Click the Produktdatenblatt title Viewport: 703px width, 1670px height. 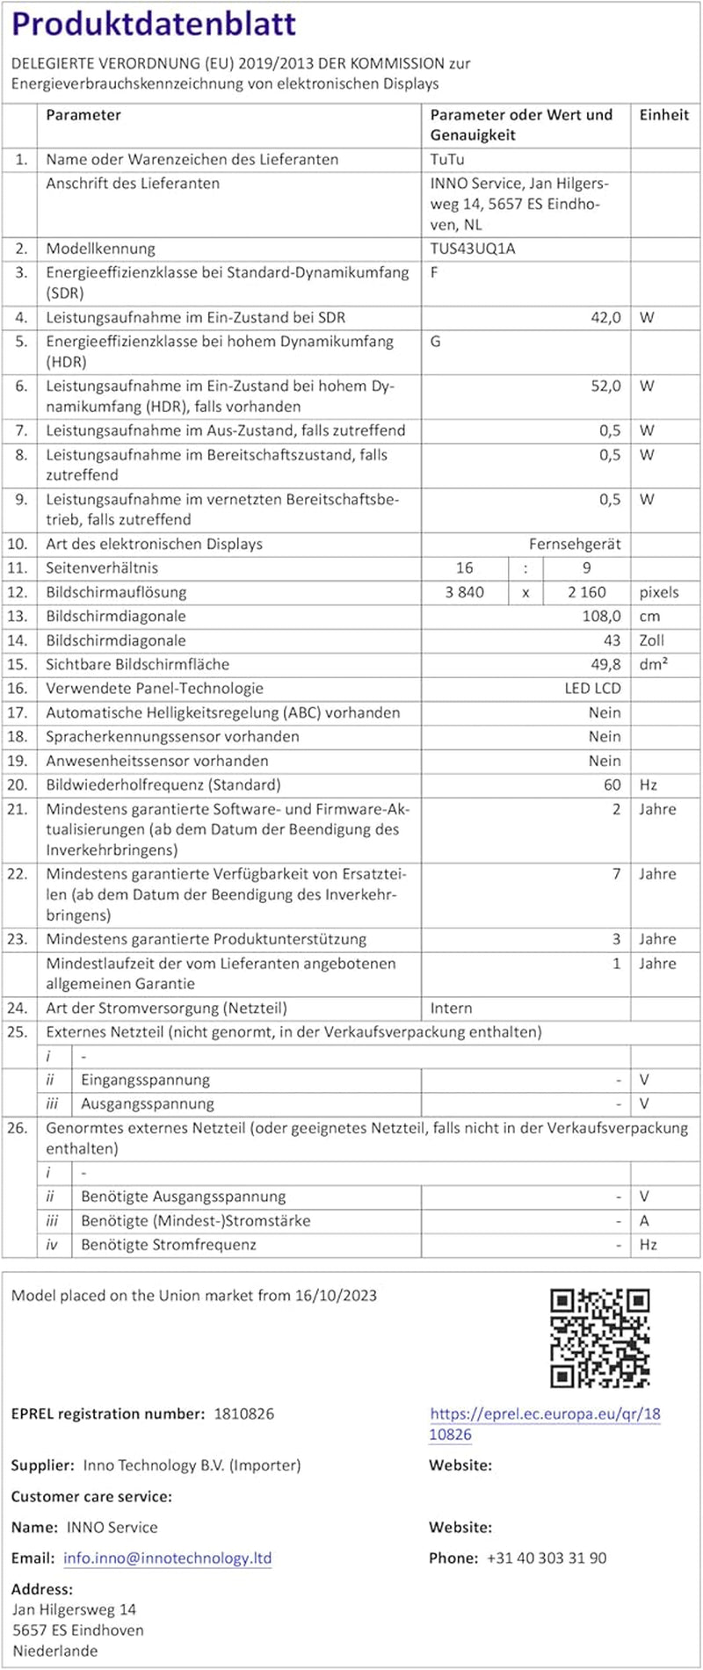coord(154,25)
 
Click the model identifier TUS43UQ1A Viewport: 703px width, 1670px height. coord(473,249)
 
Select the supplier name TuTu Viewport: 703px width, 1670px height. coord(447,160)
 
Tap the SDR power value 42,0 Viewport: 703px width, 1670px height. coord(605,317)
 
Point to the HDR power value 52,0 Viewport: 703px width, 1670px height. coord(605,386)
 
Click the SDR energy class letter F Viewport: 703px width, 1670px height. coord(434,272)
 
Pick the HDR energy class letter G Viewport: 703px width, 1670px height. coord(435,341)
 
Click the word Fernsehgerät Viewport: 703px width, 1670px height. coord(575,544)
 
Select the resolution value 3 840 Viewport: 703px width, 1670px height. coord(465,592)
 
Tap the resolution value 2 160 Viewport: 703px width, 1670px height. coord(587,592)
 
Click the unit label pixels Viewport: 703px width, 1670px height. coord(659,592)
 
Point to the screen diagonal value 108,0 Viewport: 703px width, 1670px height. coord(602,616)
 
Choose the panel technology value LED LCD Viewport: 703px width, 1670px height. coord(592,689)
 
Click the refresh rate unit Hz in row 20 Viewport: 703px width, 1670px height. coord(649,784)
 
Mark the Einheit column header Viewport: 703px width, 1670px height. coord(664,115)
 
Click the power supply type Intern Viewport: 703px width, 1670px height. coord(451,1008)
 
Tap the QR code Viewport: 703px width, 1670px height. coord(599,1338)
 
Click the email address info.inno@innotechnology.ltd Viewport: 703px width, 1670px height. coord(167,1558)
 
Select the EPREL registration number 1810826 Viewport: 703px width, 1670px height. coord(244,1413)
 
